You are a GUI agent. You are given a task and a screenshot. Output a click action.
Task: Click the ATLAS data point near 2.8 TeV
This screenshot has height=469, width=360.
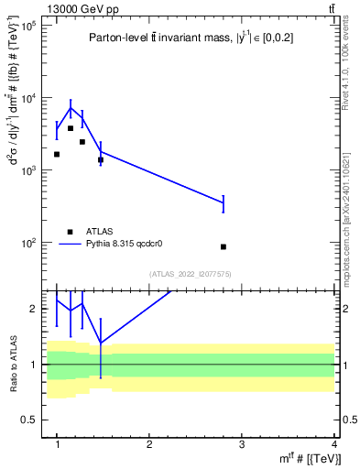pos(224,246)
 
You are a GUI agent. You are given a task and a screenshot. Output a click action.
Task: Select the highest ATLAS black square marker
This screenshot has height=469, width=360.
pos(71,128)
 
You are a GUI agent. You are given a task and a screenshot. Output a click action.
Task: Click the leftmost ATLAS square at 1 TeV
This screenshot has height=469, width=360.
pos(57,154)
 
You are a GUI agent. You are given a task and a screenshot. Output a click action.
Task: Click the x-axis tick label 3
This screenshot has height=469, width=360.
pos(242,444)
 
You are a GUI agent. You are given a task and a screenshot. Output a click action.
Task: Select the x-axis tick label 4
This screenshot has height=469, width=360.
pos(333,444)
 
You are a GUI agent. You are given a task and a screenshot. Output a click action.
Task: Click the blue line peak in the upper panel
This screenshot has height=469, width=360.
pos(71,107)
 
